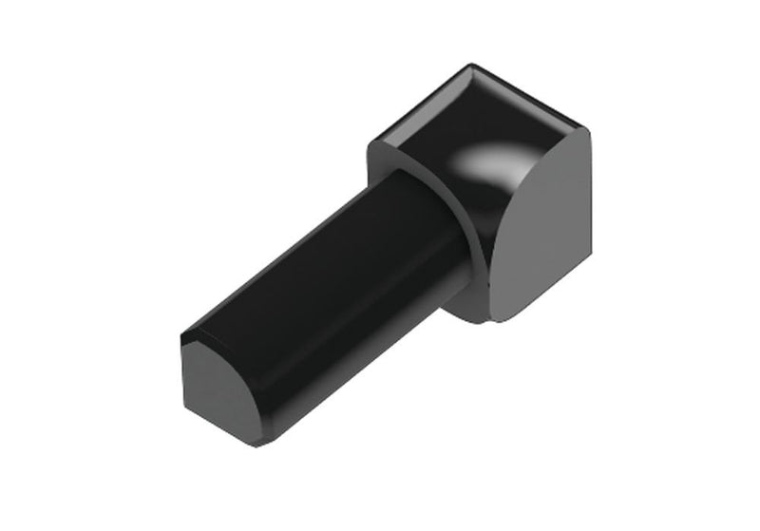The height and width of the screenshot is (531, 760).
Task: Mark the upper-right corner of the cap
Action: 586,132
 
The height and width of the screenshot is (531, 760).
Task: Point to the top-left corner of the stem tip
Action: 182,333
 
